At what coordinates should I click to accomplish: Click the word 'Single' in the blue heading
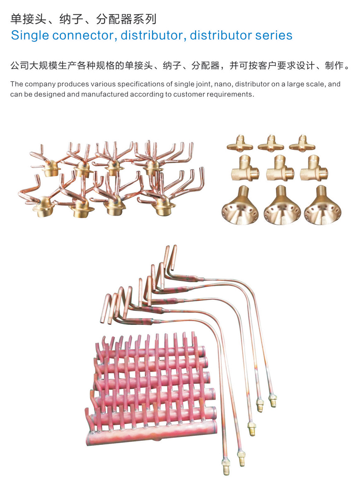click(x=30, y=35)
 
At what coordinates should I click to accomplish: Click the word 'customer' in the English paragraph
click(x=187, y=94)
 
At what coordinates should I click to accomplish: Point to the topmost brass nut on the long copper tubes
click(x=273, y=400)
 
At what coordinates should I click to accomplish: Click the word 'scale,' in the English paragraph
click(x=316, y=84)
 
